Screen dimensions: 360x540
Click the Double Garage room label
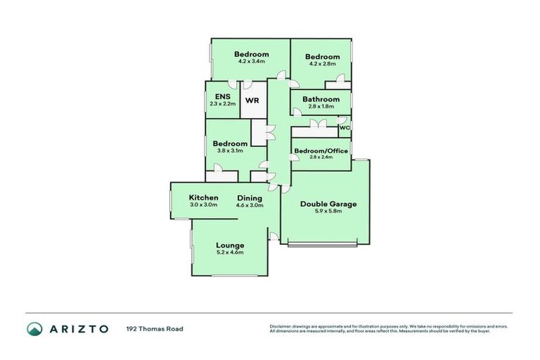(x=328, y=204)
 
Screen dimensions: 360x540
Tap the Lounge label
(x=230, y=245)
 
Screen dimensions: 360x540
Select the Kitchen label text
(x=203, y=198)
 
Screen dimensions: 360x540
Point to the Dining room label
(x=250, y=198)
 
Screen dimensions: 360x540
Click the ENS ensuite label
(x=222, y=96)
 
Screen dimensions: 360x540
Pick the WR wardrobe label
(x=252, y=100)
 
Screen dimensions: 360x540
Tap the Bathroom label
(x=321, y=99)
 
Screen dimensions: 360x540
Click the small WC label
(x=345, y=128)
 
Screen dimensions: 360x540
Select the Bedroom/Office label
(x=321, y=150)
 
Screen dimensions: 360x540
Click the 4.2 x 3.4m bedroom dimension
(x=252, y=61)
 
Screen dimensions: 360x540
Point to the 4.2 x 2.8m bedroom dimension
(x=322, y=64)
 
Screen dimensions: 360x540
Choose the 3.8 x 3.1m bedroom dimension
(x=230, y=150)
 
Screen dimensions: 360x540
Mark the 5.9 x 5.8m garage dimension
(x=328, y=212)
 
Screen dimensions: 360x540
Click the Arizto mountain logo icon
(x=34, y=328)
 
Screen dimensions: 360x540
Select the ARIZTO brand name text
(x=78, y=328)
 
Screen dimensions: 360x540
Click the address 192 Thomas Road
(x=155, y=328)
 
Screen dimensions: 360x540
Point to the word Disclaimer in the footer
(x=279, y=327)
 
